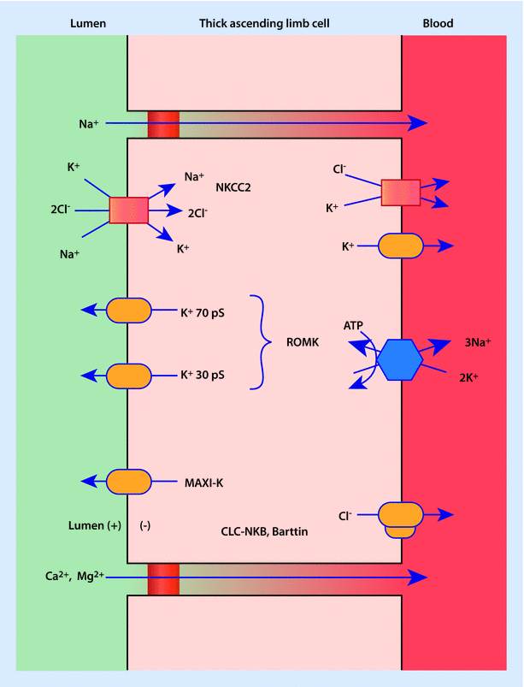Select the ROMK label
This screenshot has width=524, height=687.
[x=303, y=343]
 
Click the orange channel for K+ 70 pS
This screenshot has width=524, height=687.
[x=128, y=311]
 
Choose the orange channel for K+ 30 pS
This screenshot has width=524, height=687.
[x=128, y=376]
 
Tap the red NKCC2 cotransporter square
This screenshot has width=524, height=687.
[x=129, y=210]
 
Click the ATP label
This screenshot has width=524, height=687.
[x=354, y=325]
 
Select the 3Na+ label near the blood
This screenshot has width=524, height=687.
[x=477, y=341]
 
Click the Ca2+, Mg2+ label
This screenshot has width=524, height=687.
[x=76, y=576]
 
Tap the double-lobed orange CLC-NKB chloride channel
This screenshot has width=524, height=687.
[x=399, y=518]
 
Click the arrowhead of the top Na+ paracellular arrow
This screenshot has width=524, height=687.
[x=417, y=123]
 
